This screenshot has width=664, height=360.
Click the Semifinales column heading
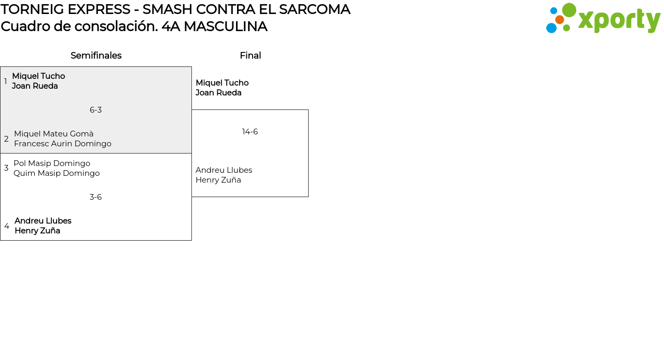[x=96, y=56]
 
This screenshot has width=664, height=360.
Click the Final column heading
[x=250, y=56]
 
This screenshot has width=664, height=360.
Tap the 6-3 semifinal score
[x=95, y=110]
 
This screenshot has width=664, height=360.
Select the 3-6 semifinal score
[x=95, y=197]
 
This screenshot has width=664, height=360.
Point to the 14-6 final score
[x=250, y=132]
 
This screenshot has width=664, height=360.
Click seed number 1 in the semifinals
[x=6, y=81]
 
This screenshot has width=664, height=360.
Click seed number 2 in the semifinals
[x=6, y=139]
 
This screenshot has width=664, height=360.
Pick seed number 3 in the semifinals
[x=6, y=168]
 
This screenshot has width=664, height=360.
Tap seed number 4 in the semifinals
[x=7, y=226]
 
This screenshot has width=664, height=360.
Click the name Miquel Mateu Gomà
[x=54, y=134]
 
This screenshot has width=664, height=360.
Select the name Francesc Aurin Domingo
[x=63, y=144]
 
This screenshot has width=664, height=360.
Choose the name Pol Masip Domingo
[x=52, y=163]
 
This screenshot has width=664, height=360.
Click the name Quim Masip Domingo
[x=57, y=173]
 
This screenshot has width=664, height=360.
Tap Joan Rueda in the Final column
[x=218, y=93]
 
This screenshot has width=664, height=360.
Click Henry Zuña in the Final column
[x=218, y=180]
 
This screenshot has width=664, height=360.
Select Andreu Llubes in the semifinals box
[x=43, y=221]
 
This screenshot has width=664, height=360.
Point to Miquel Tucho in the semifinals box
[x=38, y=76]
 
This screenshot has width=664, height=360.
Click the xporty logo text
[x=619, y=20]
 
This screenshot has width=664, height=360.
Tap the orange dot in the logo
[x=560, y=20]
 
